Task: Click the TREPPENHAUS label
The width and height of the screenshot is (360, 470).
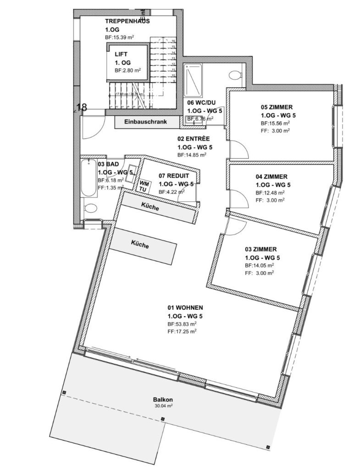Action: pyautogui.click(x=127, y=21)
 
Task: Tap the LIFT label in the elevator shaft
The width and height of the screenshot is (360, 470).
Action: pyautogui.click(x=121, y=54)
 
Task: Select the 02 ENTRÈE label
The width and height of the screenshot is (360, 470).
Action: pyautogui.click(x=194, y=139)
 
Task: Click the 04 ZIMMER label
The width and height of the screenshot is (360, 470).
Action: pyautogui.click(x=271, y=176)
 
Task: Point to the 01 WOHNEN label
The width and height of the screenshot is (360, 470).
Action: pyautogui.click(x=185, y=308)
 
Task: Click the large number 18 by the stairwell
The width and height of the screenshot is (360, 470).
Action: pyautogui.click(x=81, y=107)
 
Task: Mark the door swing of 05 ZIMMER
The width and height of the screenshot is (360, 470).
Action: pyautogui.click(x=238, y=149)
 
